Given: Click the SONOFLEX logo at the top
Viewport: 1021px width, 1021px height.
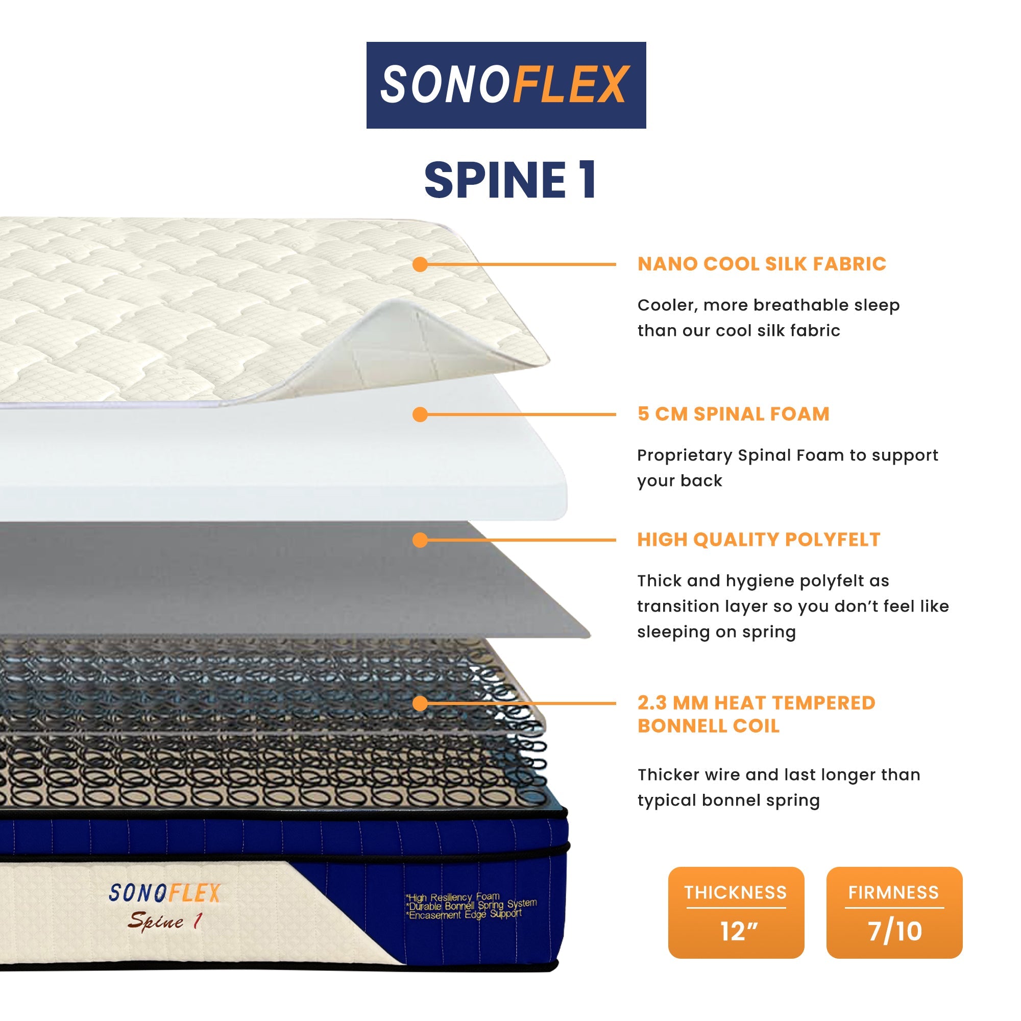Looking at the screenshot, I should coord(506,85).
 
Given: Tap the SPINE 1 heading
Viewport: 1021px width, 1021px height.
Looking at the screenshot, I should coord(510,180).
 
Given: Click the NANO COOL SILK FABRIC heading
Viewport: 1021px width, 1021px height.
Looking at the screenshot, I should coord(762,264).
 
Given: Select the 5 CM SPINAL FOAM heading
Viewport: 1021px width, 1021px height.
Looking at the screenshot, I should coord(733,414).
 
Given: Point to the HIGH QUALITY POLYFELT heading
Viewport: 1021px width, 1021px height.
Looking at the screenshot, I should coord(759,540).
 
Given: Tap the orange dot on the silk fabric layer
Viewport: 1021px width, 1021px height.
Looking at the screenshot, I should coord(420,264).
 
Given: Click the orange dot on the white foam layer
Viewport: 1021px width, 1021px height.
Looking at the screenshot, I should coord(420,415).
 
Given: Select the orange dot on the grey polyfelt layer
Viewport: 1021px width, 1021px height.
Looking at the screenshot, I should coord(420,540).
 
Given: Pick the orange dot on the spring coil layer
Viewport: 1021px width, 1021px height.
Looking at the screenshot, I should coord(420,703).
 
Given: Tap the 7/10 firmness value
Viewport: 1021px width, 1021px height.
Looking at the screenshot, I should coord(895,931).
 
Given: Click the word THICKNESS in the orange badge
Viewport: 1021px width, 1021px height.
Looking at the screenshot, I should coord(736,892).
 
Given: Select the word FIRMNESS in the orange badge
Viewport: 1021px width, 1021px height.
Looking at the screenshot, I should coord(894,892).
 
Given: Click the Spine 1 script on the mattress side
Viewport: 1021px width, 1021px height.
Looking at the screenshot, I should coord(164,921).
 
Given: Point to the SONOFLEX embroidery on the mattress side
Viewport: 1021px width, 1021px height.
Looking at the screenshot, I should coord(164,893).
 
